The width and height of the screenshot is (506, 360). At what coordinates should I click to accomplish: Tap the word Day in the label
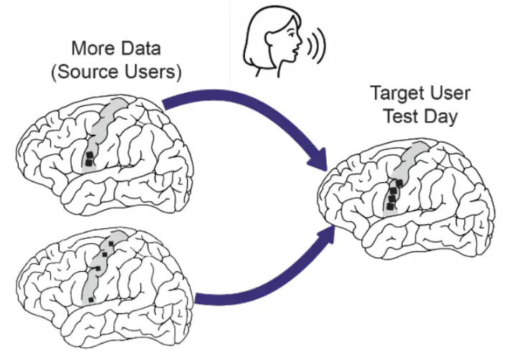[x=441, y=116]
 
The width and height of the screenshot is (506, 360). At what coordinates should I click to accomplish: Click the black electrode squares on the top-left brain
[x=89, y=159]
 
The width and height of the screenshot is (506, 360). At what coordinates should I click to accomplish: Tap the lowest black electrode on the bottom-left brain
[x=91, y=298]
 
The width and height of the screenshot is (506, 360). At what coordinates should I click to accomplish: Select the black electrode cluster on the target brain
[x=393, y=194]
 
